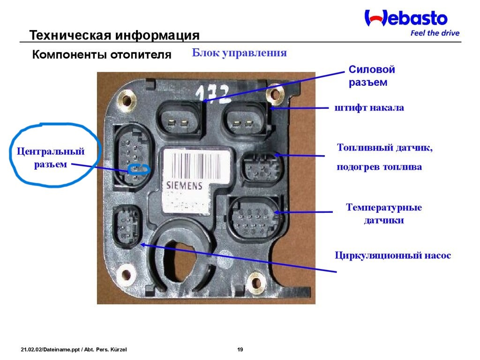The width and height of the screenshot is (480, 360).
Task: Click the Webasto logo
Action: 406,19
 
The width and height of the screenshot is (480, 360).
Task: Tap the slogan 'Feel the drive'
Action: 435,33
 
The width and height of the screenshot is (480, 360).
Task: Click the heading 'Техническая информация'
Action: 114,36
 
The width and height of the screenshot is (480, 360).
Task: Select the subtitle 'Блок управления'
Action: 239,52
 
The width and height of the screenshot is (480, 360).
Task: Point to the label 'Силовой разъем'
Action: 372,76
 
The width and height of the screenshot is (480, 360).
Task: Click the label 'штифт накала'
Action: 369,108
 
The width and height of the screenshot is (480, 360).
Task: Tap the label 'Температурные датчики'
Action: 384,213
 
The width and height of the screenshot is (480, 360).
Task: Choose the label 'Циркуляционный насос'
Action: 393,255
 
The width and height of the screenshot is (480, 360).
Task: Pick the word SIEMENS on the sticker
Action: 185,185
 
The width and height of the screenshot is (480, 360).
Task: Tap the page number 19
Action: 240,350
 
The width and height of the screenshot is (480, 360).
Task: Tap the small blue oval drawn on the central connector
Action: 139,169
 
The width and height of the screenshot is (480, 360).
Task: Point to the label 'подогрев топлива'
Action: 379,167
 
